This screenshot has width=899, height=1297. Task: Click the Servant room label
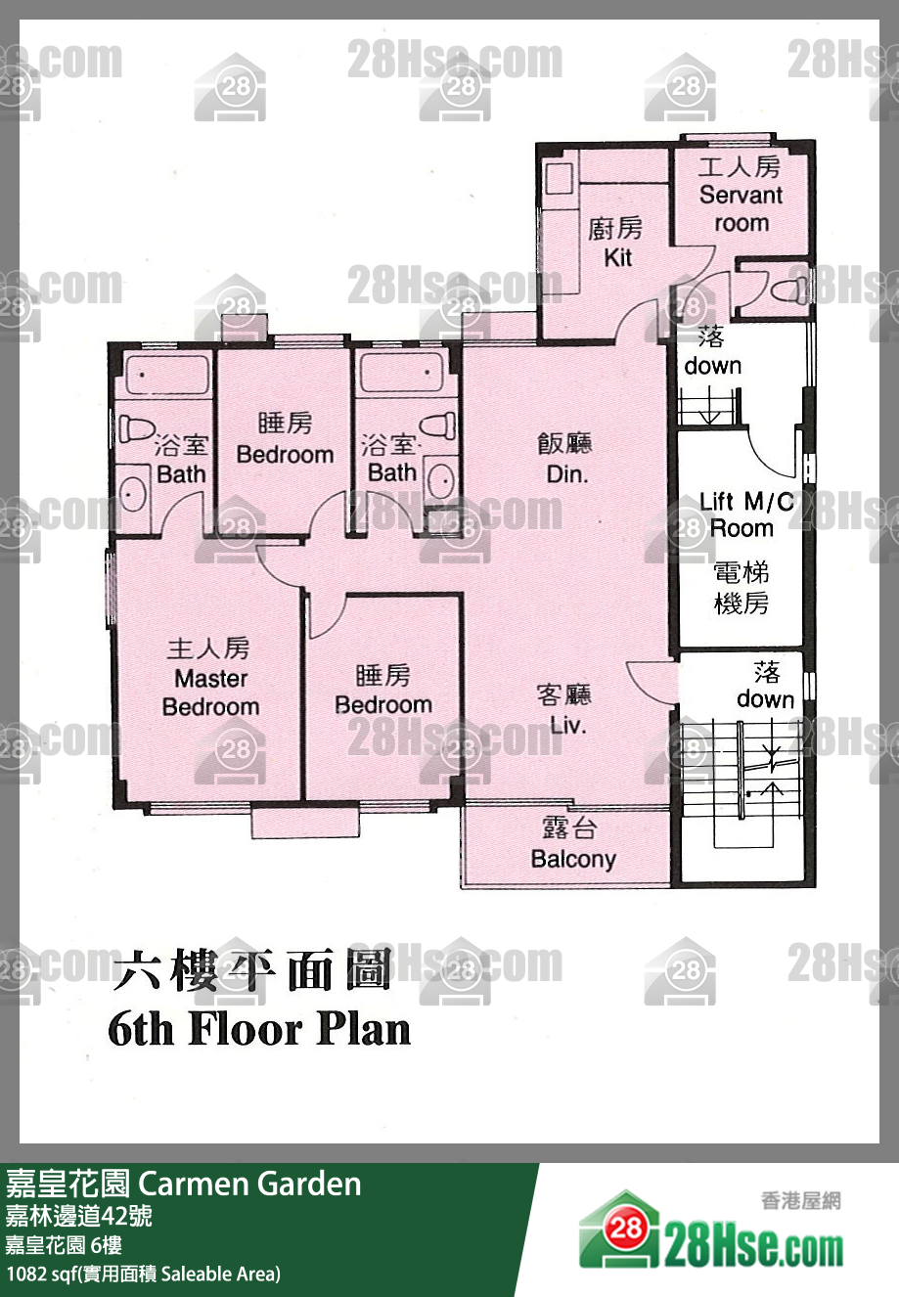[x=741, y=208]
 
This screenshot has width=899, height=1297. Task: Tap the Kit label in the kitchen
[x=617, y=257]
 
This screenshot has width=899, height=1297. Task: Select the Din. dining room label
[x=567, y=474]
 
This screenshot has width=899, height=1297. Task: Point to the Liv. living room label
[x=567, y=725]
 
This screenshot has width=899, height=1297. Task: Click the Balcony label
[x=573, y=859]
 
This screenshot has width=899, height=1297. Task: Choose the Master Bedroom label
[x=210, y=693]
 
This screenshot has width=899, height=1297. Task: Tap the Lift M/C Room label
[x=745, y=514]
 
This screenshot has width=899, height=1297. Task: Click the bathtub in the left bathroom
[x=167, y=374]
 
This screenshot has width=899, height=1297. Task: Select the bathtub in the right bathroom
[x=401, y=372]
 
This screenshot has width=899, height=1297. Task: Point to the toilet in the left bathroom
[x=136, y=427]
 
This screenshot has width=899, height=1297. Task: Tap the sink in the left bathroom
[x=133, y=495]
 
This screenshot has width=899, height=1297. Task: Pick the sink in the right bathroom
[x=442, y=479]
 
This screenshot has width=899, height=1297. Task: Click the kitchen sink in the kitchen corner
[x=561, y=178]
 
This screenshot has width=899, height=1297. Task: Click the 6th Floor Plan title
[x=259, y=1030]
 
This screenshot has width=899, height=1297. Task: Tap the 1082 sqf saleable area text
[x=144, y=1274]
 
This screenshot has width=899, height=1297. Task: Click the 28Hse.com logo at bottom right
[x=711, y=1227]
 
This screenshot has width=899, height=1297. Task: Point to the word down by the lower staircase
[x=765, y=699]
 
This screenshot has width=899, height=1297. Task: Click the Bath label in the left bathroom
[x=181, y=474]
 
